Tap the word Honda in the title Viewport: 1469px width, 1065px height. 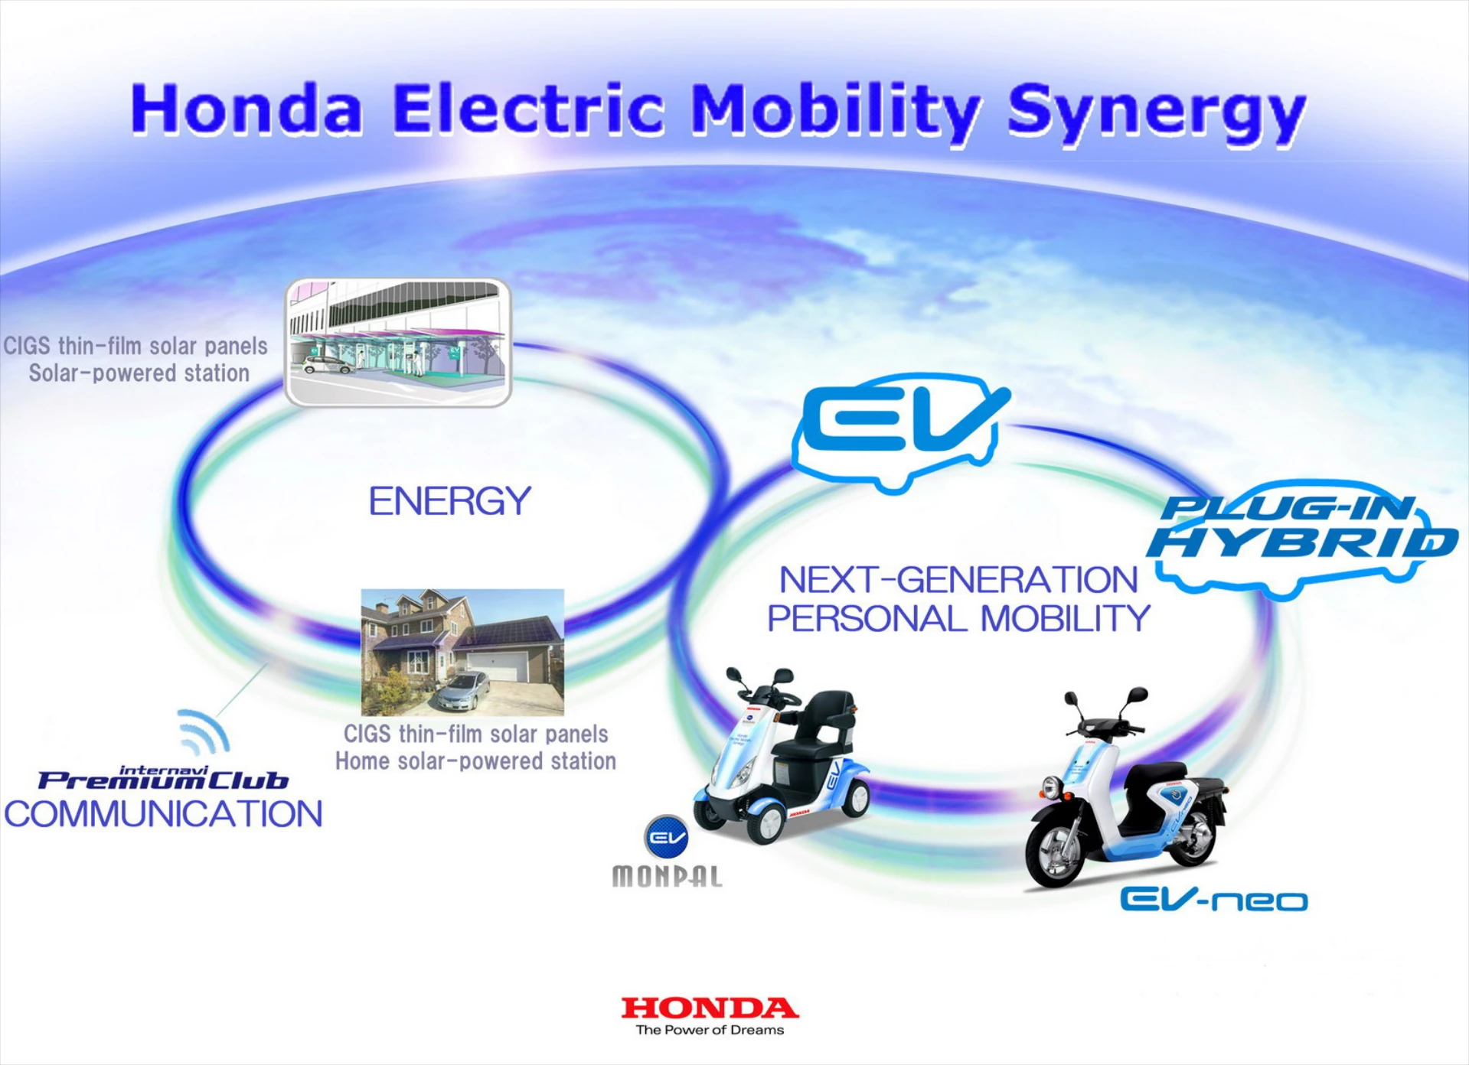(246, 109)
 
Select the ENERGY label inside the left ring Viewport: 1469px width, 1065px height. (449, 501)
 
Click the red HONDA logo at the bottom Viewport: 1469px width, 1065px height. (710, 1008)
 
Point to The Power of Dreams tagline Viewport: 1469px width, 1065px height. (710, 1030)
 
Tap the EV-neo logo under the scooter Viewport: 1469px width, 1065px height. (1213, 899)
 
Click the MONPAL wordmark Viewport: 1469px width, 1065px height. (667, 876)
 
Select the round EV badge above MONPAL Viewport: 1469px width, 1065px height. (666, 837)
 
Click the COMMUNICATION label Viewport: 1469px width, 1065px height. (163, 814)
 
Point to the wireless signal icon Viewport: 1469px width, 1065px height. (204, 731)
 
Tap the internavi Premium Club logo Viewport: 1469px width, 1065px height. (163, 777)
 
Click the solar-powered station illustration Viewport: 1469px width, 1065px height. (398, 342)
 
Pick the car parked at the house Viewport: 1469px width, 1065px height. (462, 691)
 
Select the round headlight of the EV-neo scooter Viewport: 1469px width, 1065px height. (1052, 786)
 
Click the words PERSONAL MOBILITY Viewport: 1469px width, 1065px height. (958, 618)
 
